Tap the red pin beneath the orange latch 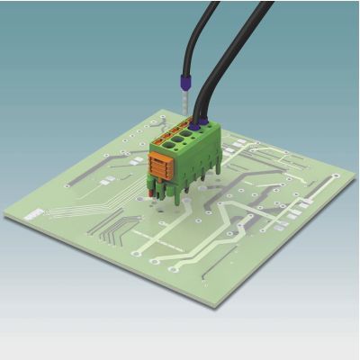149,190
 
